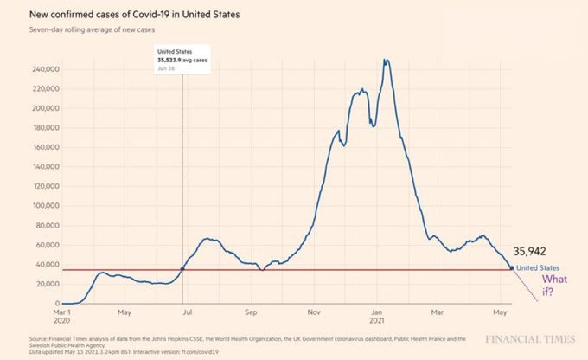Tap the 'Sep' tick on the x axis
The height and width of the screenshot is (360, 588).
click(252, 312)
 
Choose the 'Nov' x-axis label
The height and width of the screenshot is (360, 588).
click(314, 312)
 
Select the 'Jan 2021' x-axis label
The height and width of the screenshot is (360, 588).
click(377, 316)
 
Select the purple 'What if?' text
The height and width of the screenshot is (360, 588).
click(554, 286)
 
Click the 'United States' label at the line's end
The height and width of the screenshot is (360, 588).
click(538, 268)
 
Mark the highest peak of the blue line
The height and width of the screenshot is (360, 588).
click(386, 61)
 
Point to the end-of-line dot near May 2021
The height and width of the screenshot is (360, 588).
click(511, 268)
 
